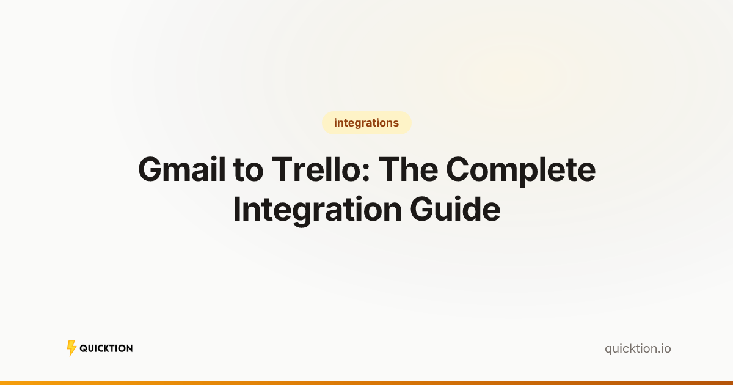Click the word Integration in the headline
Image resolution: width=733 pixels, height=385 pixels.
coord(316,210)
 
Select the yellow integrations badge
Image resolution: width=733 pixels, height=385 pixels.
coord(366,123)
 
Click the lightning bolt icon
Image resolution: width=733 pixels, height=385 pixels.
coord(71,348)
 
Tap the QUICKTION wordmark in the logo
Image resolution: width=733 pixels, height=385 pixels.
coord(106,348)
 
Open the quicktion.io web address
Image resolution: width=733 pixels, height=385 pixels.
coord(638,349)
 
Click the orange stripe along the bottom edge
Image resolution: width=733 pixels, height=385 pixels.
coord(366,383)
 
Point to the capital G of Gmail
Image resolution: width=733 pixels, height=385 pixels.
coord(150,170)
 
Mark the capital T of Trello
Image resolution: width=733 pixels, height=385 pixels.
coord(282,170)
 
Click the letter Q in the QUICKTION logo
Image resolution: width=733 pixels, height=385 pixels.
coord(83,348)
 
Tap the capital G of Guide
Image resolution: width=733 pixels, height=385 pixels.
coord(422,210)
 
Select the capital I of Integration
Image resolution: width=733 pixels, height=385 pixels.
coord(237,210)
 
